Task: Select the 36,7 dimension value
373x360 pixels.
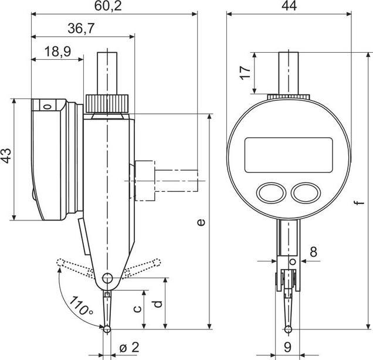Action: pos(82,29)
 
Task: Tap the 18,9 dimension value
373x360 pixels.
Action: pos(57,52)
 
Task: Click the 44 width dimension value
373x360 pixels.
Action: pos(287,6)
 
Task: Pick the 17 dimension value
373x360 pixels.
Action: pos(245,73)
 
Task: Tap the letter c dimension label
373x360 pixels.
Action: pos(137,309)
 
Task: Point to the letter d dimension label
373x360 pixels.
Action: pos(158,305)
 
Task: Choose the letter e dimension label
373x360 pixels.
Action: pos(201,222)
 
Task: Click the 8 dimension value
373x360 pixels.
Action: pos(313,252)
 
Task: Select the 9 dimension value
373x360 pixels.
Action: pos(287,347)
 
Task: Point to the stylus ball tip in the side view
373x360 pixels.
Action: pos(107,330)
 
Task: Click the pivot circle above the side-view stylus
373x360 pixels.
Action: pos(107,279)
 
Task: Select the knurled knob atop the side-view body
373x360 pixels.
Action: pos(108,104)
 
